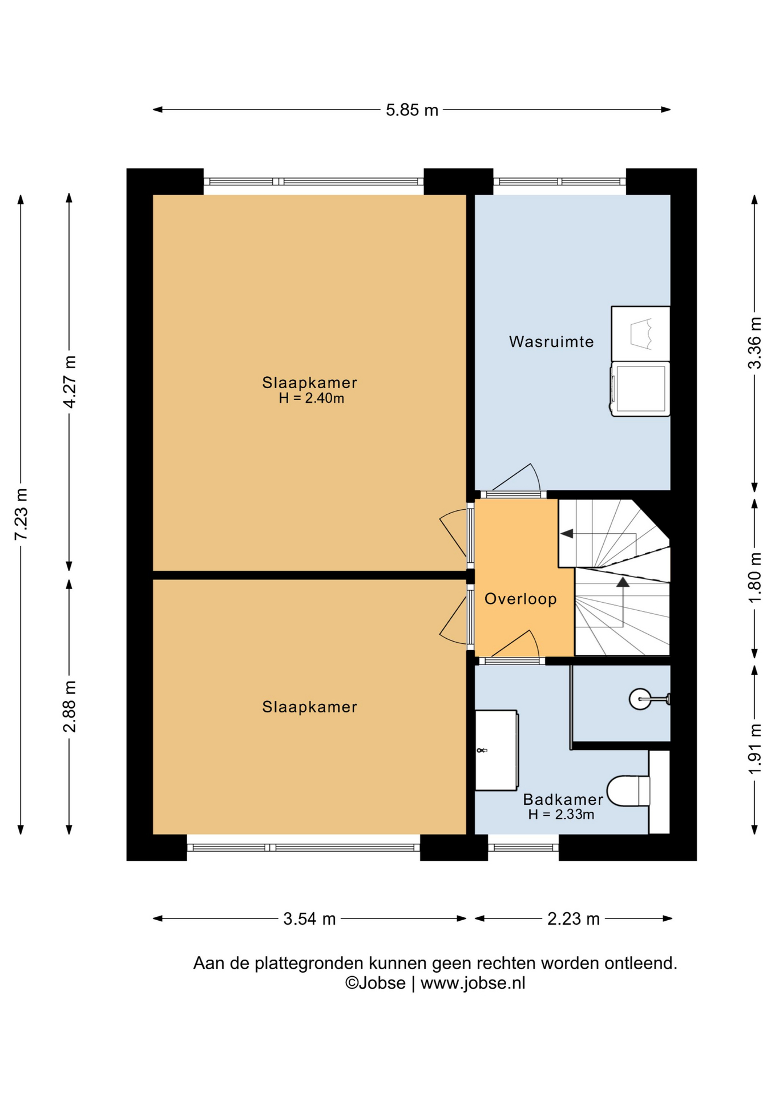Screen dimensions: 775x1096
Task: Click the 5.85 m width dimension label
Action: click(411, 110)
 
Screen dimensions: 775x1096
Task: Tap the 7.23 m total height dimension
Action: click(21, 514)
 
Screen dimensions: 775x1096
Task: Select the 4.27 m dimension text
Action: click(69, 381)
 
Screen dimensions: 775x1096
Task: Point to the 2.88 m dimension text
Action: click(69, 706)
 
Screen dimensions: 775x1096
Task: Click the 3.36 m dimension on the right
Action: click(754, 342)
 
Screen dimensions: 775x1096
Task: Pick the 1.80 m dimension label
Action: click(754, 577)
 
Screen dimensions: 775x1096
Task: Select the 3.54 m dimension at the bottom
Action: click(309, 919)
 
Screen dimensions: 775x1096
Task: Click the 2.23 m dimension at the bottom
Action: click(574, 919)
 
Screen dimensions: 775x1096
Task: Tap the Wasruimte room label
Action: click(551, 341)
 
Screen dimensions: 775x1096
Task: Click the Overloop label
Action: click(520, 598)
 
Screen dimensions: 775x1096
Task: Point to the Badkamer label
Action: click(563, 799)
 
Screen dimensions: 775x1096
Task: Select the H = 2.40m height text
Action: click(311, 398)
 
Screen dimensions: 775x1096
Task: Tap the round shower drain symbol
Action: click(640, 699)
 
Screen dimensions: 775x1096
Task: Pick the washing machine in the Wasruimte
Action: click(640, 389)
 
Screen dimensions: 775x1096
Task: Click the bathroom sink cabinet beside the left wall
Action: click(497, 750)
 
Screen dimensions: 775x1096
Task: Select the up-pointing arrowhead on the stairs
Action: click(623, 582)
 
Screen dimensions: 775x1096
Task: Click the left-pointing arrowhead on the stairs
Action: click(567, 534)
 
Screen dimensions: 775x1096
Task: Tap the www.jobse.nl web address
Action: click(473, 983)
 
